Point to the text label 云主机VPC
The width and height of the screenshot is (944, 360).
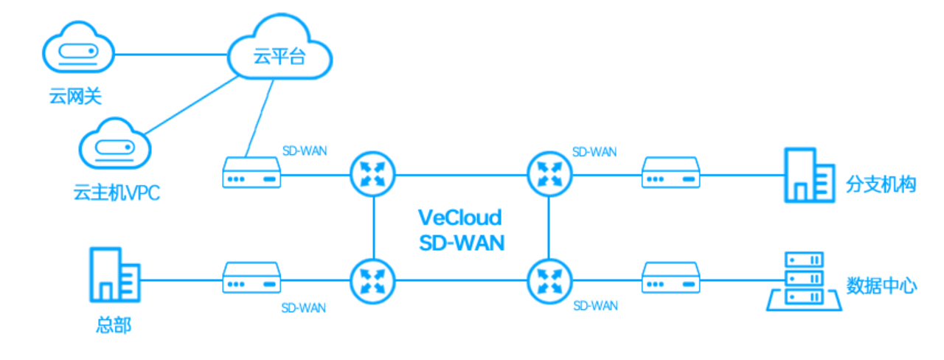(x=117, y=195)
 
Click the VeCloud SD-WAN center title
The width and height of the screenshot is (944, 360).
(x=461, y=229)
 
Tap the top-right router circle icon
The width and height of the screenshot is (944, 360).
(x=549, y=175)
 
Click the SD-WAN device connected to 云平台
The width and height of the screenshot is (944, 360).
(x=251, y=175)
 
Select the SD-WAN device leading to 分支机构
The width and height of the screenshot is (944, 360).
(x=670, y=175)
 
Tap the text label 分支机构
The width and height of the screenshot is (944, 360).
(x=881, y=184)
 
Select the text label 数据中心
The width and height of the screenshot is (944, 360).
(x=881, y=286)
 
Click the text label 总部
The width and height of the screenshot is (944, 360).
(x=114, y=325)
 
